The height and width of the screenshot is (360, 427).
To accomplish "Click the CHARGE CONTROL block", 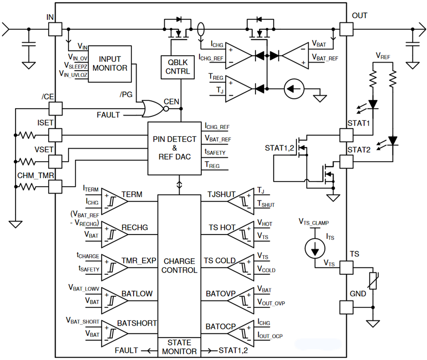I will click(x=179, y=266).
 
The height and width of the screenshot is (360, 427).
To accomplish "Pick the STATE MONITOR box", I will click(x=179, y=347).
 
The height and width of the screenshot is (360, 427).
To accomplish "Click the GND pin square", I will click(x=346, y=307).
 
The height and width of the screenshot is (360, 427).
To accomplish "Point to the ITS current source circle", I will click(x=312, y=247).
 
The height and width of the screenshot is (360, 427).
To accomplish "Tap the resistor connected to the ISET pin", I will click(x=28, y=135).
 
